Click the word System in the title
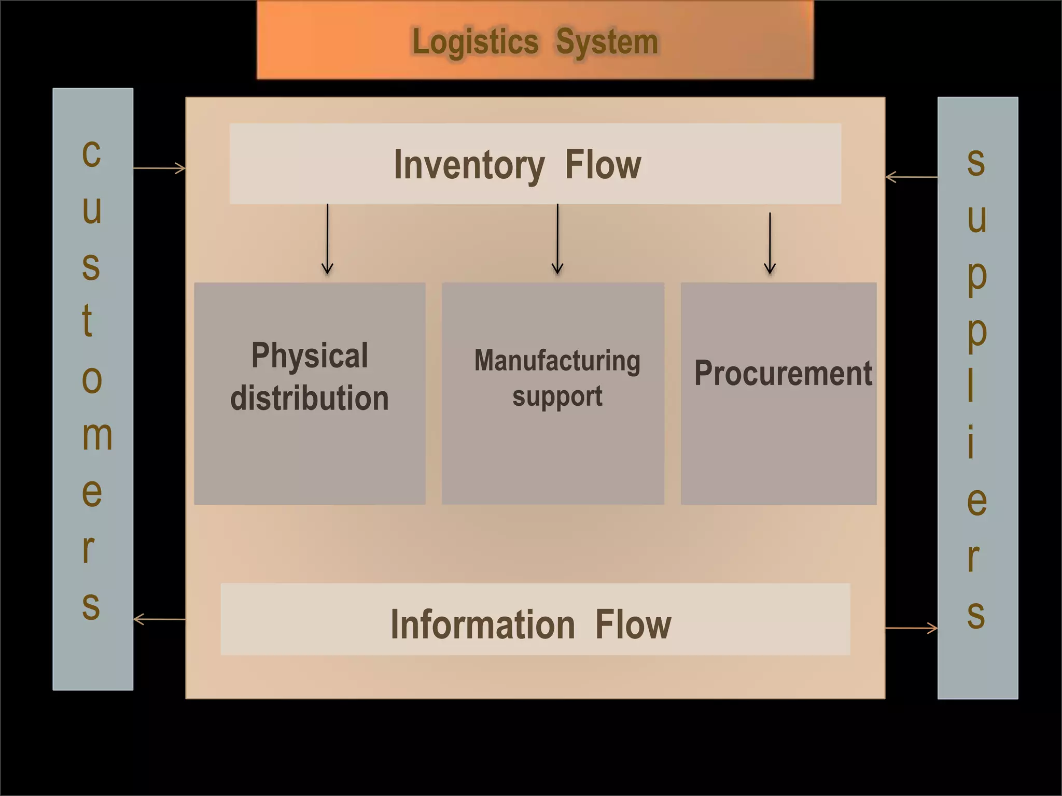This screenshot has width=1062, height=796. click(607, 42)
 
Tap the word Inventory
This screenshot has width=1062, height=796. click(469, 165)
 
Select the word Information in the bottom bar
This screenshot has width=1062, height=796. click(482, 625)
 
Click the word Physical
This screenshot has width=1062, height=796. click(310, 356)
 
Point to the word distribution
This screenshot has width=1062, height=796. click(310, 398)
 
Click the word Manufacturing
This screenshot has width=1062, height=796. click(557, 361)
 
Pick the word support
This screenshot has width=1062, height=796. click(557, 397)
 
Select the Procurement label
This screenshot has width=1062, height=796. click(782, 373)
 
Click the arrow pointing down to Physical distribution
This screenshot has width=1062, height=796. click(327, 239)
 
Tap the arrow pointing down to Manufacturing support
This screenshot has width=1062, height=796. click(557, 239)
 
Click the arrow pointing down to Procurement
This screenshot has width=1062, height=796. click(770, 243)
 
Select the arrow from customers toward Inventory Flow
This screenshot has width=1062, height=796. click(159, 168)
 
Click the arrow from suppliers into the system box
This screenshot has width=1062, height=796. click(911, 177)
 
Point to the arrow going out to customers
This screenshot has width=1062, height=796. click(159, 619)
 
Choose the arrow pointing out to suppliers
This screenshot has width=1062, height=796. click(911, 628)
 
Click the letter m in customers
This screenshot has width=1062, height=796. click(96, 435)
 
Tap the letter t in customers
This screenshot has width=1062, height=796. click(88, 320)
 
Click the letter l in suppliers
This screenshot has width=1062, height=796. click(971, 385)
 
